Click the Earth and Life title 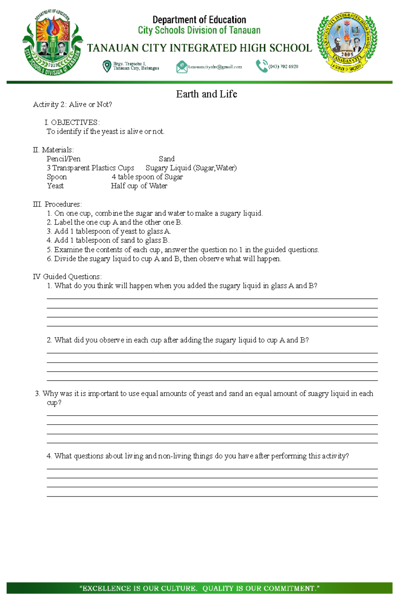pos(206,94)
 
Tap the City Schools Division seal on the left pos(53,43)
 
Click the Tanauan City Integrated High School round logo pos(347,43)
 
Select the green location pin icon pos(107,66)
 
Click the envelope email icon pos(182,67)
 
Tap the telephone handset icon pos(261,66)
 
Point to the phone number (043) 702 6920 pos(283,67)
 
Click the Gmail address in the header pos(215,67)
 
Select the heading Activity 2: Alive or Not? pos(72,105)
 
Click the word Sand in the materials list pos(166,159)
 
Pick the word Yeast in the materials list pos(55,186)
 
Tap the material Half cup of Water pos(139,186)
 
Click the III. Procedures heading pos(57,204)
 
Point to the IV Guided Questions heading pos(67,277)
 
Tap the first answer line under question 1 pos(212,298)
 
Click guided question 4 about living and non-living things pos(198,456)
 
